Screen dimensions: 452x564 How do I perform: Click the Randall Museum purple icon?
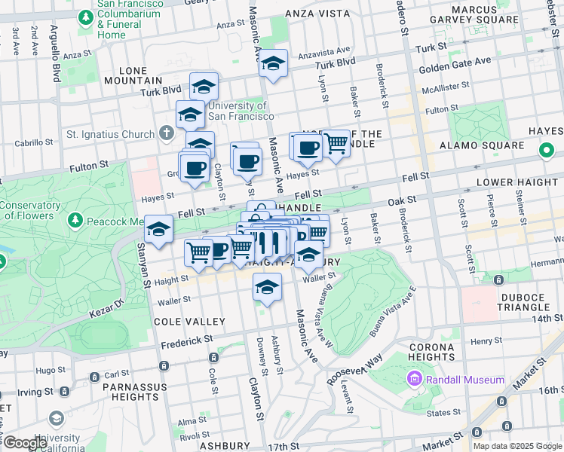414,379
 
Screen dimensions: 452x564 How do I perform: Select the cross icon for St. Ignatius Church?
167,134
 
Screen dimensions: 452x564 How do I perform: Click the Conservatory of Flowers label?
29,211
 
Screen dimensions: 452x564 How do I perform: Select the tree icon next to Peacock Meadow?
75,220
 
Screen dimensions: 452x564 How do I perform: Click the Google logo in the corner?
25,443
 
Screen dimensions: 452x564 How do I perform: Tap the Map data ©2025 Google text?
517,445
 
